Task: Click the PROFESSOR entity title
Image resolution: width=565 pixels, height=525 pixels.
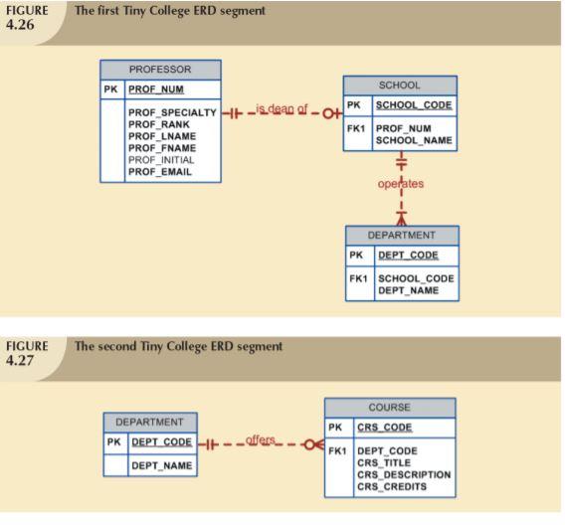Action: [x=159, y=70]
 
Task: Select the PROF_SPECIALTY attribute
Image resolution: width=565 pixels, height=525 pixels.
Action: [x=172, y=112]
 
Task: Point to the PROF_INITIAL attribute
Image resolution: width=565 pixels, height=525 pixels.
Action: [x=160, y=160]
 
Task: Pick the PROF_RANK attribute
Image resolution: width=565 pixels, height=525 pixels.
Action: [x=158, y=124]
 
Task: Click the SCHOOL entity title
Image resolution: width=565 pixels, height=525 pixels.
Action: [x=400, y=86]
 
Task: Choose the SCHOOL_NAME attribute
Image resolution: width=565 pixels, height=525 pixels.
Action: [x=413, y=140]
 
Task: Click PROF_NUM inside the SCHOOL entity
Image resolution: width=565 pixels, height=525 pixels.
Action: [x=403, y=128]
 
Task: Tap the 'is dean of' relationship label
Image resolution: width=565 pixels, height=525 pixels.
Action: [x=282, y=109]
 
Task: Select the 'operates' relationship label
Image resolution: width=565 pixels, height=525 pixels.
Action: [x=400, y=183]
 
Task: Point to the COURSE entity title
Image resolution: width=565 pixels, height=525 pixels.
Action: [x=389, y=408]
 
